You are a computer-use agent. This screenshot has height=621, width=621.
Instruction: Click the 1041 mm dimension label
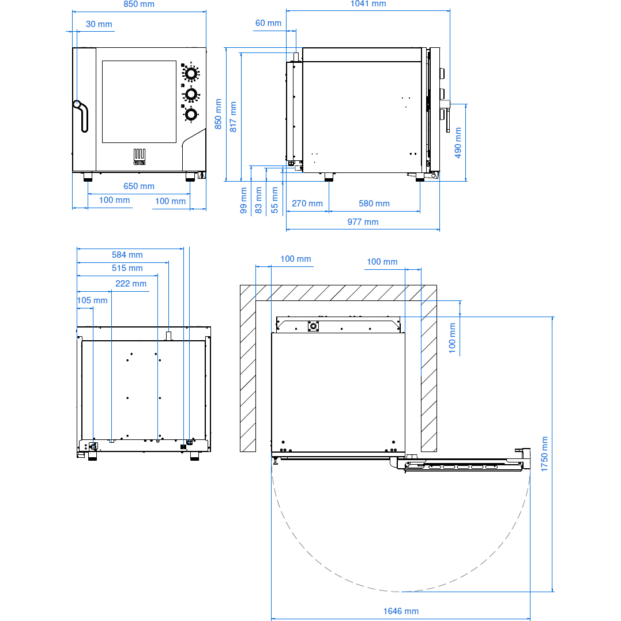368,4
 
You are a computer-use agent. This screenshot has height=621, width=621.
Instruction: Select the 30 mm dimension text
99,24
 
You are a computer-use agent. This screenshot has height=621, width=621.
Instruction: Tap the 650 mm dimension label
139,186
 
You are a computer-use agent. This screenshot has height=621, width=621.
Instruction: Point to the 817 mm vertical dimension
234,117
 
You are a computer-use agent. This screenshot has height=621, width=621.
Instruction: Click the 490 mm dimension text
458,142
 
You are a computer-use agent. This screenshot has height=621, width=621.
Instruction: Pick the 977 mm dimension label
363,222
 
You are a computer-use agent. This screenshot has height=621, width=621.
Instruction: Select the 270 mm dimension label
307,204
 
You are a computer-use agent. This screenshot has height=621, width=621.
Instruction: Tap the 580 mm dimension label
374,204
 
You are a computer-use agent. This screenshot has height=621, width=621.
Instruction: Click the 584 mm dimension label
127,255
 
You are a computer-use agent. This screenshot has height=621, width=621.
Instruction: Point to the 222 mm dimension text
131,284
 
